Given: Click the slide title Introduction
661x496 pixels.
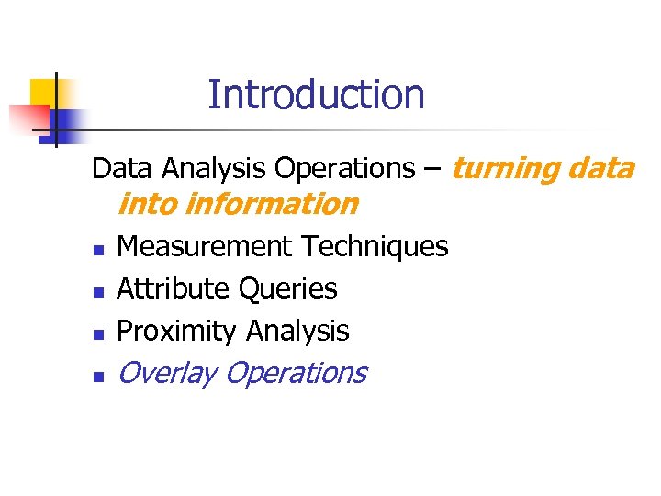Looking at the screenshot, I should (316, 95).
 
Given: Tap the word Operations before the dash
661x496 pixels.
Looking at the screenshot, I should (344, 169).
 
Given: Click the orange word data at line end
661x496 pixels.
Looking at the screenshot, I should (600, 169).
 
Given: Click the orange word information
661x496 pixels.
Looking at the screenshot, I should (271, 204).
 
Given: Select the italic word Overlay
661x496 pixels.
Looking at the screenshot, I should (166, 373).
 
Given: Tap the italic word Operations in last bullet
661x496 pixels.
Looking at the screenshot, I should (296, 373).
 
